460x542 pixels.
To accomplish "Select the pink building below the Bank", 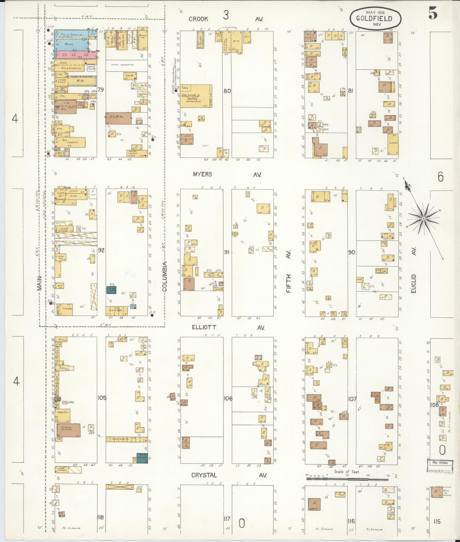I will point(76,54).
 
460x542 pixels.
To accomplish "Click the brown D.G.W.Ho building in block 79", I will point(118,119).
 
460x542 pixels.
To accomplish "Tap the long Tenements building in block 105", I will point(126,447).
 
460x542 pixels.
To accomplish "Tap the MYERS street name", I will point(202,174).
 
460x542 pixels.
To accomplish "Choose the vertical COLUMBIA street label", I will point(164,276).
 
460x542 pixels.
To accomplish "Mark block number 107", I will point(352,399).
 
